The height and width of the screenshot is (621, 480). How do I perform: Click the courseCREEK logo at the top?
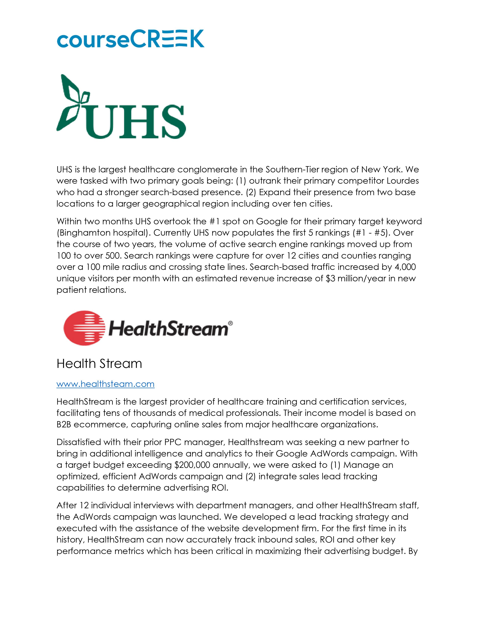click(130, 39)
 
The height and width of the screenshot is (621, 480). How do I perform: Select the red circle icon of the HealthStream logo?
click(84, 328)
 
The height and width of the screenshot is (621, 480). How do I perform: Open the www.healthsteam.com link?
click(105, 384)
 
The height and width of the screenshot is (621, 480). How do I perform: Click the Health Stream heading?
click(99, 364)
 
